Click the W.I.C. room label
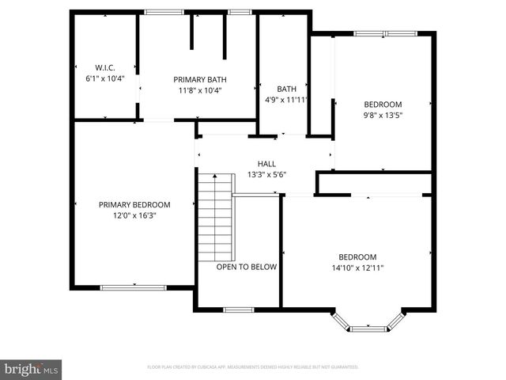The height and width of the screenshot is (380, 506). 105,67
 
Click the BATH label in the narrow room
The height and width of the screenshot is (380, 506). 286,89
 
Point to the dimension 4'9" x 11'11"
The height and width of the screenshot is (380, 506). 286,101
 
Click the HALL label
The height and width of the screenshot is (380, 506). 266,164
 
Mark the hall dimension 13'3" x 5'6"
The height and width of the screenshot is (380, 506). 266,174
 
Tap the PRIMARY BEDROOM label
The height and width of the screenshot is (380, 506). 134,204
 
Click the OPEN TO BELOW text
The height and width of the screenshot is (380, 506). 247,267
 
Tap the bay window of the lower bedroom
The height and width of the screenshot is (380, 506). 368,325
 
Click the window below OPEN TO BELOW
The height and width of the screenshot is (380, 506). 238,310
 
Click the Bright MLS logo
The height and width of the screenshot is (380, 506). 32,369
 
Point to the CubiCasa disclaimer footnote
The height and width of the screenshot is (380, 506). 253,367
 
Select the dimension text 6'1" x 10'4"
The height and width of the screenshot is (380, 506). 105,78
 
